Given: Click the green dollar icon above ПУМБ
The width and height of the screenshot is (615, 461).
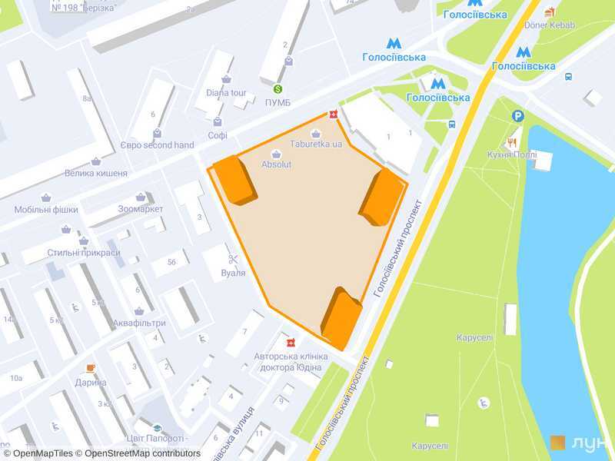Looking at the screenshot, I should [x=278, y=89].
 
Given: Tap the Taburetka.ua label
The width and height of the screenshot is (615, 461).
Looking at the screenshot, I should [x=316, y=144].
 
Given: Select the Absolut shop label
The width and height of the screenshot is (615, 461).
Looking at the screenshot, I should [x=276, y=164].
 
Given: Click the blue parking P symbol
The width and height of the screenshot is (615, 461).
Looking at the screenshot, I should [x=519, y=116].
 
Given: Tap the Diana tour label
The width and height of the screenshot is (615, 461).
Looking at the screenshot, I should [x=224, y=93].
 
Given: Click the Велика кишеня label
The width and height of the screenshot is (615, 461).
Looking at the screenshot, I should [x=96, y=173].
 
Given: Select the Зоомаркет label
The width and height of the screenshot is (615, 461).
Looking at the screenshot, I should [x=141, y=209].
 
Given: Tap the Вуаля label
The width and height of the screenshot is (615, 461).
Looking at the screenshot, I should [x=233, y=273].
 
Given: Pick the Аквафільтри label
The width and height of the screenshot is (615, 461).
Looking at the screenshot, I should [x=139, y=323].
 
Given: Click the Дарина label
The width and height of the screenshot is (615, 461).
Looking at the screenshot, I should [x=91, y=382].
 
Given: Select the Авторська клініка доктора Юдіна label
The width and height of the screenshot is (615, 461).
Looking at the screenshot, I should [x=291, y=361].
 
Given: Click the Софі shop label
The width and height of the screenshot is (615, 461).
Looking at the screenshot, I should [x=218, y=135].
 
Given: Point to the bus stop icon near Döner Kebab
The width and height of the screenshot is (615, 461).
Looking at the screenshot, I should [x=568, y=77].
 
